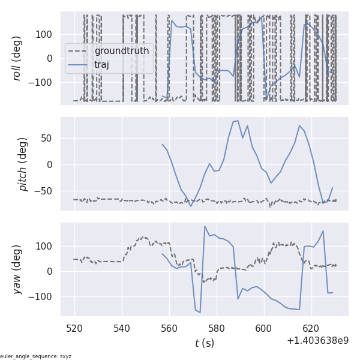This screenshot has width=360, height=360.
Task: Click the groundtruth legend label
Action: click(121, 51)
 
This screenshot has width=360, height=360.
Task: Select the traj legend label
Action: click(102, 65)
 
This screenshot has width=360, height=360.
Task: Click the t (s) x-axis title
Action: click(204, 343)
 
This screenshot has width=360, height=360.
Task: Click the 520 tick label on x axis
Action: click(74, 328)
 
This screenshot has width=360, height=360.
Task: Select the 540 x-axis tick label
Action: click(122, 328)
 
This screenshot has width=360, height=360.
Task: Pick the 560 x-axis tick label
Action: click(169, 328)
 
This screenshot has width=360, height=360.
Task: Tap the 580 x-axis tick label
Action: click(217, 328)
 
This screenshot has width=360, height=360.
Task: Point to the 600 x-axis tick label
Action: click(264, 328)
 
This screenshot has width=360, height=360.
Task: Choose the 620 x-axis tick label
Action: click(311, 328)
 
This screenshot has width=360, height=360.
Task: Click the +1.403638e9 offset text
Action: click(317, 341)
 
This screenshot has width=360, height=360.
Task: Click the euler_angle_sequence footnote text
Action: click(36, 356)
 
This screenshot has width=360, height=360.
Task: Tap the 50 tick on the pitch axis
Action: click(49, 138)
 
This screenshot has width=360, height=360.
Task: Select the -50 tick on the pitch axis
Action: click(46, 191)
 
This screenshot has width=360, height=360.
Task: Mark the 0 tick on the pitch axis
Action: click(52, 164)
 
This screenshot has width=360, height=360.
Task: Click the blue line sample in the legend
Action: click(79, 65)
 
